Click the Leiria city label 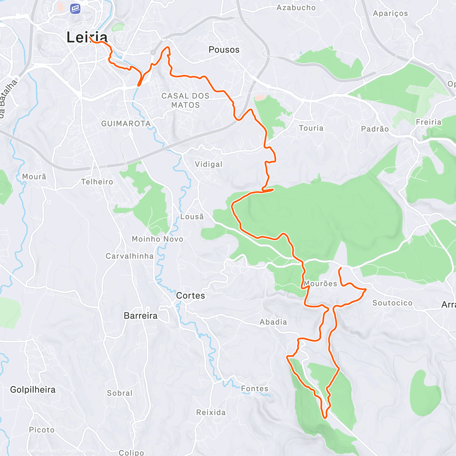[87, 37]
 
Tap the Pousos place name [224, 50]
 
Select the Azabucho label [296, 8]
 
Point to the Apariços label [390, 13]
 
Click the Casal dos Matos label [185, 100]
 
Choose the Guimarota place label [126, 124]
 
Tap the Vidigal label [208, 164]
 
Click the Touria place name [311, 128]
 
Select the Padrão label [375, 129]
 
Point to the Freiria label [429, 122]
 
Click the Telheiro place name [97, 182]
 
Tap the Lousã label [192, 217]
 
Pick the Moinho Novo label [157, 239]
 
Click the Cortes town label [190, 296]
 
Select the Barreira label [141, 316]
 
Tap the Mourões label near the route [320, 284]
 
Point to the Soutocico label [392, 303]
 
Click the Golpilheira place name [33, 389]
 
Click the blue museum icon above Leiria [75, 8]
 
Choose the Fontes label [255, 389]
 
